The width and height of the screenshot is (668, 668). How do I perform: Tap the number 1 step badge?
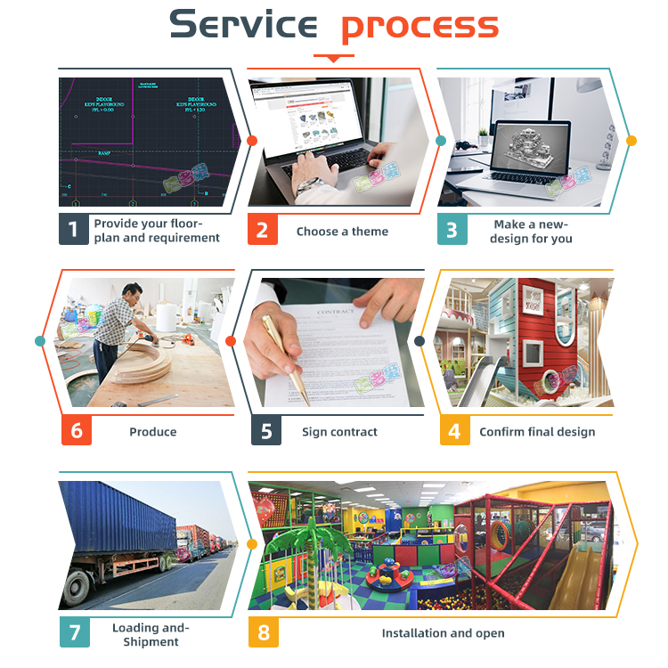pyautogui.click(x=74, y=230)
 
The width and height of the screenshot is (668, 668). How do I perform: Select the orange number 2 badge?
pyautogui.click(x=262, y=230)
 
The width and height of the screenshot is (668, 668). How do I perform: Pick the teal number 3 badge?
pyautogui.click(x=452, y=230)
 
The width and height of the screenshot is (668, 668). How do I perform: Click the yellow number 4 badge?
pyautogui.click(x=454, y=431)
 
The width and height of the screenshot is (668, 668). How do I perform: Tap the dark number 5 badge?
pyautogui.click(x=265, y=431)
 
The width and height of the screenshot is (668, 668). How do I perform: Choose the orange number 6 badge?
pyautogui.click(x=76, y=431)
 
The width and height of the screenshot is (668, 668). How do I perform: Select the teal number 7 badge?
pyautogui.click(x=74, y=632)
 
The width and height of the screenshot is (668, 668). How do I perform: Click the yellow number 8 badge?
pyautogui.click(x=264, y=632)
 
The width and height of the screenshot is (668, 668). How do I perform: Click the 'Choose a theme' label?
pyautogui.click(x=342, y=232)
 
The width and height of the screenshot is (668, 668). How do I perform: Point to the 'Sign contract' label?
pyautogui.click(x=339, y=432)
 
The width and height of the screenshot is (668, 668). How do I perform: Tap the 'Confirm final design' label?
pyautogui.click(x=537, y=432)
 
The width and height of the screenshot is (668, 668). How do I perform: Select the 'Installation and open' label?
pyautogui.click(x=443, y=633)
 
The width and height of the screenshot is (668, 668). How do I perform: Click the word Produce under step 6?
pyautogui.click(x=153, y=432)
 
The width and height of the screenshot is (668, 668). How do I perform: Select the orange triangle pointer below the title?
pyautogui.click(x=334, y=59)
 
